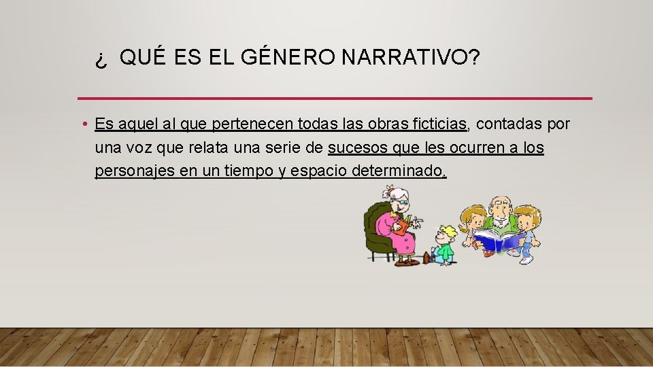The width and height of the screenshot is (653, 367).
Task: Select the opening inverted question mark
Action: tap(101, 61)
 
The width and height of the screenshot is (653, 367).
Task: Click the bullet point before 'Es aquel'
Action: tap(82, 124)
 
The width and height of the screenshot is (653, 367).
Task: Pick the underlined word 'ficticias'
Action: tap(438, 124)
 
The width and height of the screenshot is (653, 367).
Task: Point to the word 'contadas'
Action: tap(507, 124)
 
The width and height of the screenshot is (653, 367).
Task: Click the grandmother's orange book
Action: tap(404, 225)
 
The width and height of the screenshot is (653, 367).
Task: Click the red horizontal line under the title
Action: tap(335, 99)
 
